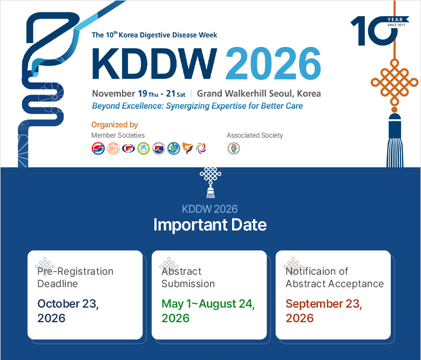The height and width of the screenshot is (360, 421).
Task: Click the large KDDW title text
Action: click(x=154, y=64)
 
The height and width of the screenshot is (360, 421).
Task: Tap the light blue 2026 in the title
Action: click(x=273, y=64)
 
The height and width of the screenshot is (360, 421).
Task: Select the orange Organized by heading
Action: click(x=114, y=125)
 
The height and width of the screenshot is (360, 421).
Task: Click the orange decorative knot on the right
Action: click(x=394, y=83)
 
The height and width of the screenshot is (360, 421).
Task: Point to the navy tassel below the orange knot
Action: click(x=395, y=140)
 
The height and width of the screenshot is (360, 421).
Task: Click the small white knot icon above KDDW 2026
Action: click(x=210, y=182)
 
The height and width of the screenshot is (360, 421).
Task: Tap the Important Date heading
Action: click(x=210, y=225)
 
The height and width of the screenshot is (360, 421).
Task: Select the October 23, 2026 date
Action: click(x=68, y=311)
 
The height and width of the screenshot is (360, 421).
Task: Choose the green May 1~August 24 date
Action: click(x=208, y=311)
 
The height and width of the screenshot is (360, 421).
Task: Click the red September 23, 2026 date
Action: click(x=324, y=311)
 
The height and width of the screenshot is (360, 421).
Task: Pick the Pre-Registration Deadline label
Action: click(x=75, y=277)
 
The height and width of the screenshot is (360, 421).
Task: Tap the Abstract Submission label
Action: click(x=188, y=277)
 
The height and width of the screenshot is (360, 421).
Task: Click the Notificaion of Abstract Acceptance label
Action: click(x=335, y=277)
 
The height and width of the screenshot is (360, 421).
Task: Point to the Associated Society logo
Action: click(x=234, y=148)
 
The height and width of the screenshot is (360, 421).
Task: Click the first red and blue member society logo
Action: click(x=98, y=148)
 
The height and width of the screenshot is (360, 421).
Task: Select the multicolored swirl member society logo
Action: click(x=201, y=148)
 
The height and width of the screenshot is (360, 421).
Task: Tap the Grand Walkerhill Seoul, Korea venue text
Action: click(x=259, y=93)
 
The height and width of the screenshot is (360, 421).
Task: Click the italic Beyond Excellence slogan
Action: click(x=198, y=106)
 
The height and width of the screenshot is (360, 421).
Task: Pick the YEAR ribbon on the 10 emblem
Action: click(x=397, y=19)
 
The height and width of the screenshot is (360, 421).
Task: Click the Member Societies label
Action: click(x=118, y=135)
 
